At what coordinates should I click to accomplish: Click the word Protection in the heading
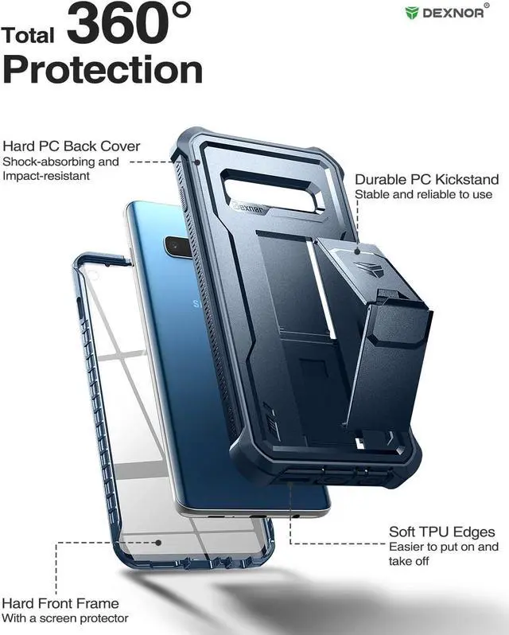tap(103, 70)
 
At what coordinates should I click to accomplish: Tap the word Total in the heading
tap(29, 35)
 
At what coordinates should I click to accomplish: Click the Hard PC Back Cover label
tap(72, 146)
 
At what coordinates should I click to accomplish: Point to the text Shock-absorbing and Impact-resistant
tap(60, 168)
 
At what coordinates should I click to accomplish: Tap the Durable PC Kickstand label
tap(427, 180)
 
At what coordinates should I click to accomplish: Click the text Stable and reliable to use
tap(424, 194)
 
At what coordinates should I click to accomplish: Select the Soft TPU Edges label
tap(442, 532)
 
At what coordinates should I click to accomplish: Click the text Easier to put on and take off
tap(444, 553)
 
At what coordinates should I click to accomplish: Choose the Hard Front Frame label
tap(60, 603)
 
